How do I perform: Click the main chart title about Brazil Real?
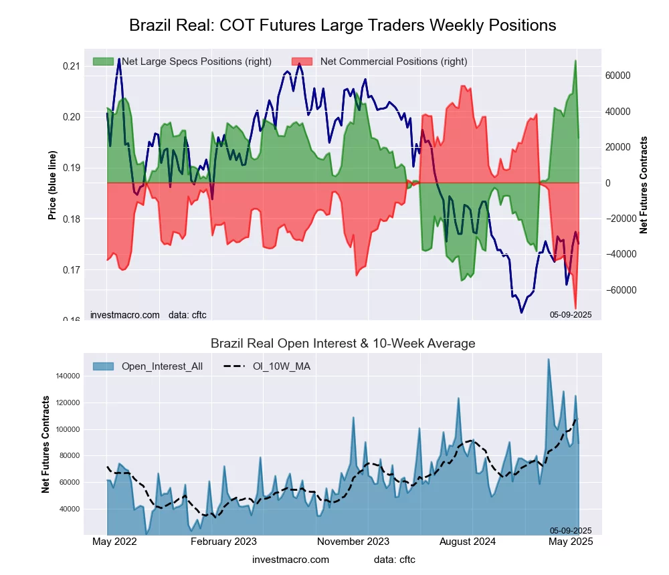[343, 25]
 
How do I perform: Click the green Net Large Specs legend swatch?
[104, 62]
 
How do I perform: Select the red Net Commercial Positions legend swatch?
[302, 62]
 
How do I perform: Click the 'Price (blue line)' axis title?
[52, 185]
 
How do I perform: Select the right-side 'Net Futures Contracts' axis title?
[644, 185]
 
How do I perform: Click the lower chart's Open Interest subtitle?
[343, 344]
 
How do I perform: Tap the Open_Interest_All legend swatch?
[104, 366]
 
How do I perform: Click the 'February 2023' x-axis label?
[223, 542]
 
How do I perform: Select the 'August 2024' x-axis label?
[473, 542]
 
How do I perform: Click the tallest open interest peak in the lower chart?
[549, 359]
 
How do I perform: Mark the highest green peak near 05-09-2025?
[575, 61]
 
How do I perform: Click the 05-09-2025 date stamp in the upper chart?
[571, 314]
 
